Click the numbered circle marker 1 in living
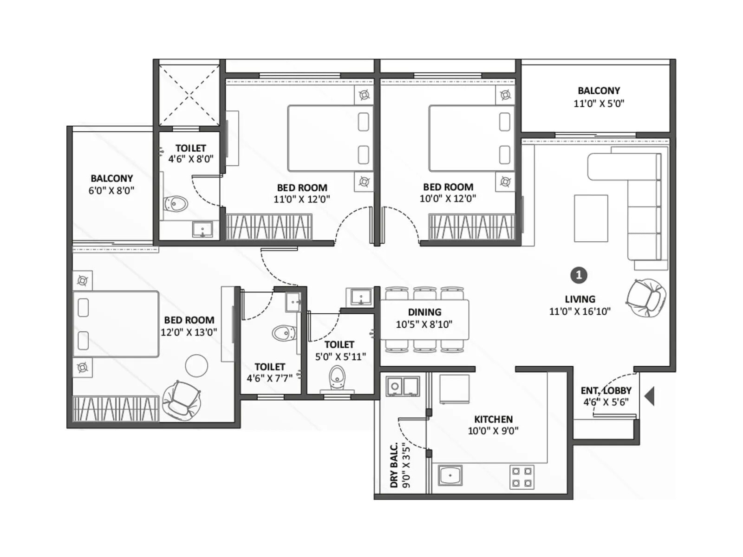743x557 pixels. tap(579, 275)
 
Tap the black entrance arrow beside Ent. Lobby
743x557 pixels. tap(650, 396)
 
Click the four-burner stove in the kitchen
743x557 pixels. tap(522, 477)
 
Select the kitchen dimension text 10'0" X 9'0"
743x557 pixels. tap(493, 431)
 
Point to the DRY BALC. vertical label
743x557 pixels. tap(394, 465)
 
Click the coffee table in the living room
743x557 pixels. tap(591, 218)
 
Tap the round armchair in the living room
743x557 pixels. tap(646, 298)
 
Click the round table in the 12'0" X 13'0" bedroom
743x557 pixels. tap(196, 366)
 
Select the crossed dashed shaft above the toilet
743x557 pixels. tap(189, 96)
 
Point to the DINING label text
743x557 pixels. tap(424, 312)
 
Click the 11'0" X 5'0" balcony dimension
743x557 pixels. tap(599, 104)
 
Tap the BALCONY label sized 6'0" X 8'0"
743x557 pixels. tap(111, 178)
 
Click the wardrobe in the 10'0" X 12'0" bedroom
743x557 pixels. tap(471, 227)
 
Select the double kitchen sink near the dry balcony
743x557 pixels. tap(403, 386)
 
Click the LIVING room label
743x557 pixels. tap(580, 299)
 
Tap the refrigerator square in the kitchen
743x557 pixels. tap(454, 389)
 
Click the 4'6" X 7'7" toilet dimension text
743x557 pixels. tap(269, 378)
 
